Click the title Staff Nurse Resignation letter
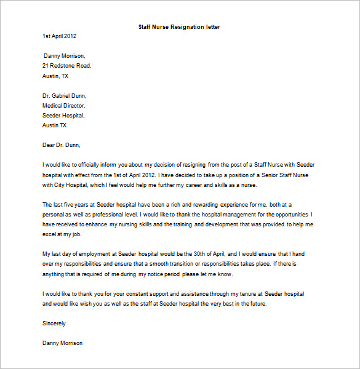[180, 27]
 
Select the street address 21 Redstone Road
[66, 66]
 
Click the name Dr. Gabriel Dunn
[65, 96]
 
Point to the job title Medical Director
[64, 106]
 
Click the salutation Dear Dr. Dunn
[62, 145]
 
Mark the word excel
[50, 234]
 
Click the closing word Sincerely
[54, 323]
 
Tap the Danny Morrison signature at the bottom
[62, 343]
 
